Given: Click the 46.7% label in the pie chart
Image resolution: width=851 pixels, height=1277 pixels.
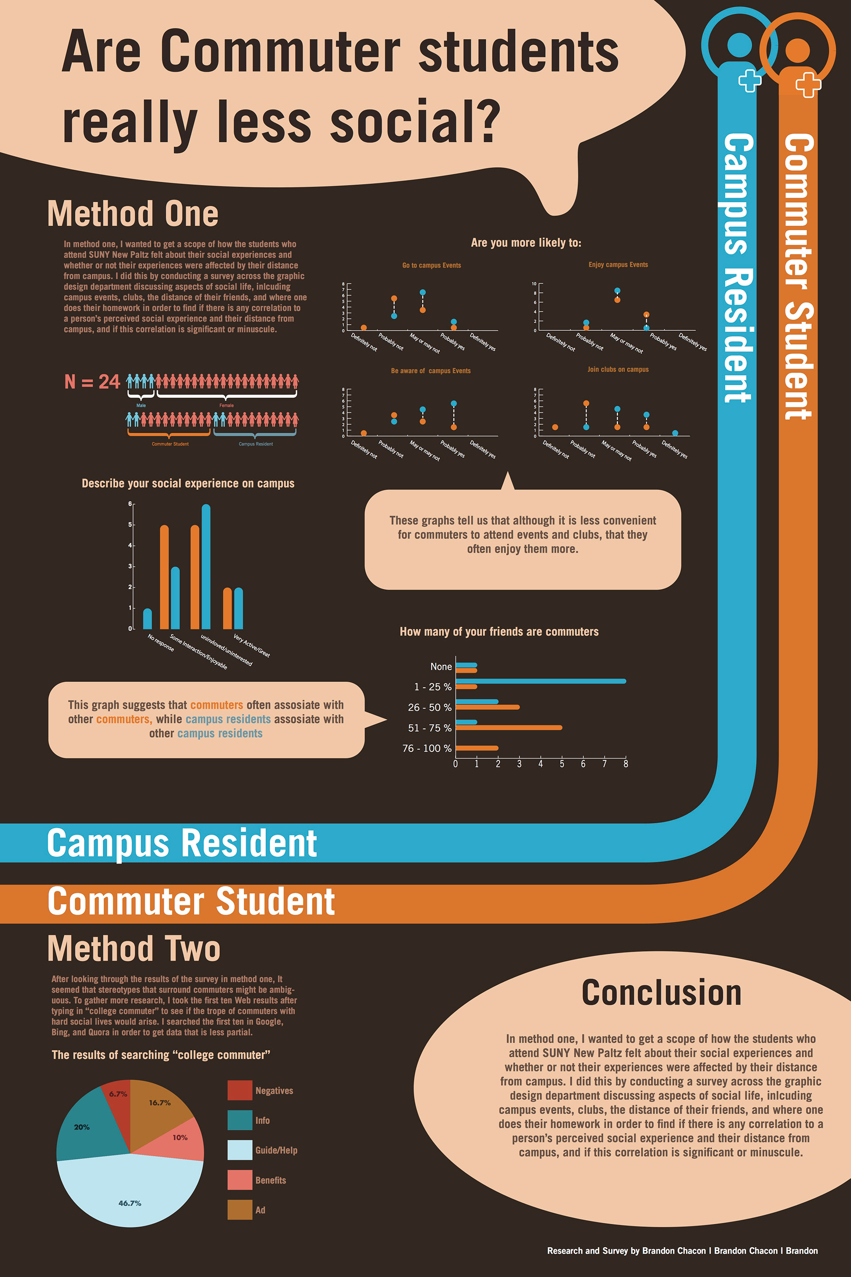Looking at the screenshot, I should (130, 1203).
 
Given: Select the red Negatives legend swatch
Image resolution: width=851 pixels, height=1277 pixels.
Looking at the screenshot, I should (239, 1090).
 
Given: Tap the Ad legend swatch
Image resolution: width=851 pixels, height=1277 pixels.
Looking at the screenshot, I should (239, 1210).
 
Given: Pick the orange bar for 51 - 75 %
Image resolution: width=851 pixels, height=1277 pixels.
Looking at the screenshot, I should (508, 728).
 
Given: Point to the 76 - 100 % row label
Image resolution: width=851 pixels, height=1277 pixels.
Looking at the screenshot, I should (426, 748).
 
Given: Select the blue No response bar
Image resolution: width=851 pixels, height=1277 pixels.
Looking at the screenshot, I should (147, 619).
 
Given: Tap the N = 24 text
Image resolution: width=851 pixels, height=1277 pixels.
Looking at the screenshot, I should (92, 382).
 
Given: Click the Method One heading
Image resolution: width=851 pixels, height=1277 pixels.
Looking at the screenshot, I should (133, 213).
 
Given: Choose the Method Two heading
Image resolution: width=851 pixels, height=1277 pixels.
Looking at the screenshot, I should (133, 948).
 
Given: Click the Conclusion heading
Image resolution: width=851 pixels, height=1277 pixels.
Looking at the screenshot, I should (661, 992).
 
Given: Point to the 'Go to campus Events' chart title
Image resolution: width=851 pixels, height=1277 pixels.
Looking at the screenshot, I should (431, 266).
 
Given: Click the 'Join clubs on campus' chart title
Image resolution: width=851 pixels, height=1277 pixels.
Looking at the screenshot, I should (617, 369).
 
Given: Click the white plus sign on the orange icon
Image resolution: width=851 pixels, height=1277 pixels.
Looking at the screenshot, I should (808, 84).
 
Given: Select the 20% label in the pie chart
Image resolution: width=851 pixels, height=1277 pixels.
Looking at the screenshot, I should (82, 1127).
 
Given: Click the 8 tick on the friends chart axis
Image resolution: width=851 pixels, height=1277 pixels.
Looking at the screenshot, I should (625, 764).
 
